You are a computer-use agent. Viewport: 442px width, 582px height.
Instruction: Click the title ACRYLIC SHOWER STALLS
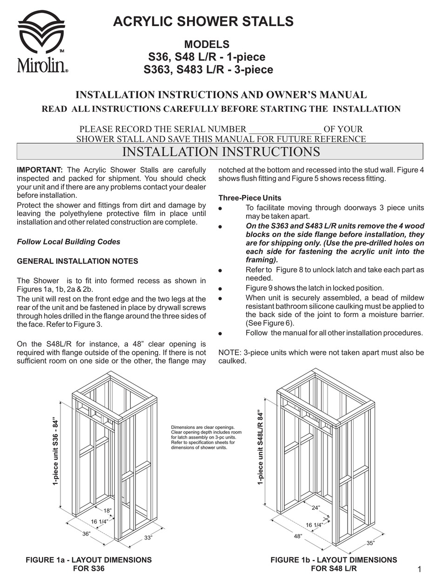point(203,21)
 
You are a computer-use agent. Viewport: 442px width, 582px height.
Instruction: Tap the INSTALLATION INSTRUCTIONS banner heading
point(221,152)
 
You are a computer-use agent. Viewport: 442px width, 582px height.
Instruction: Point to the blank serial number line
point(285,129)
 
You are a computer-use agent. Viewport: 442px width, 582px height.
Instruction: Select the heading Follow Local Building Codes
point(68,242)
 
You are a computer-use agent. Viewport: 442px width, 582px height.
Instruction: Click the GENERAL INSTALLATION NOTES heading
point(77,261)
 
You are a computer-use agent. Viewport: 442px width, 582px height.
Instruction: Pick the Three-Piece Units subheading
point(250,198)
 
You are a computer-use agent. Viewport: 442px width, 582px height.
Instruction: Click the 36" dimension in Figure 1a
point(87,534)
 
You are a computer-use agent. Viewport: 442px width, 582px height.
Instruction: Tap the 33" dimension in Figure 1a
point(148,538)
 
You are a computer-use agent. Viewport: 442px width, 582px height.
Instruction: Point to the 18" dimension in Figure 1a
point(107,511)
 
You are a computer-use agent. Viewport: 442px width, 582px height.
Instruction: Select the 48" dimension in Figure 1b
point(298,536)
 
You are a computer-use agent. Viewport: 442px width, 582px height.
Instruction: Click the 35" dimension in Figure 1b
point(370,543)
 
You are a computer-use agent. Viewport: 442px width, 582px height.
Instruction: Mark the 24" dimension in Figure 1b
point(316,508)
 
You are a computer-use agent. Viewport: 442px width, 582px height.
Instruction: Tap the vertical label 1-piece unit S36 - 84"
point(56,451)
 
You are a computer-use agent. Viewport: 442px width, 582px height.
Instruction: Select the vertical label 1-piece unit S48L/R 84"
point(261,448)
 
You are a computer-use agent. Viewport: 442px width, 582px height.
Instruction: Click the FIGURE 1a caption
point(88,564)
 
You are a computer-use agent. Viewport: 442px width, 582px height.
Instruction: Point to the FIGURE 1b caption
point(334,564)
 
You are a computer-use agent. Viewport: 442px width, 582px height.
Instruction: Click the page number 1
point(419,569)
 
